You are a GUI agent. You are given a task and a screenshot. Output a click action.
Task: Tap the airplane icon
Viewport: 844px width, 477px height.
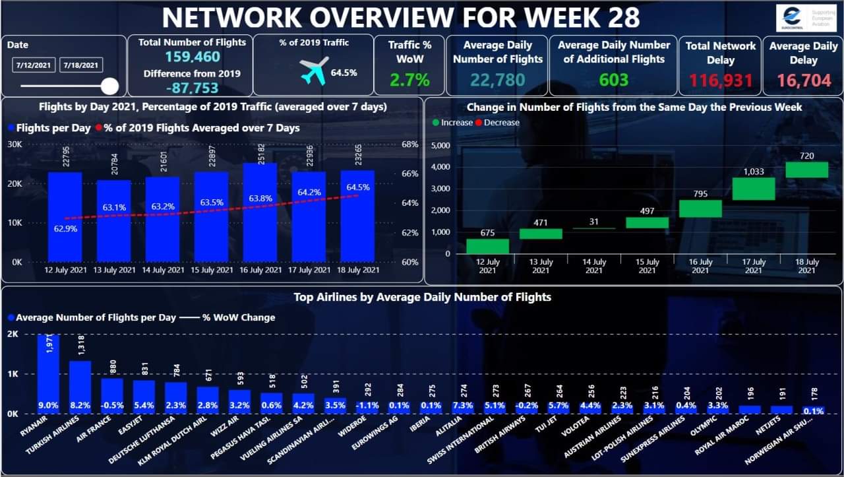(x=314, y=71)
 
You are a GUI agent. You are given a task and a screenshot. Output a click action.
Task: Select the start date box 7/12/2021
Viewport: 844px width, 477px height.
(x=34, y=65)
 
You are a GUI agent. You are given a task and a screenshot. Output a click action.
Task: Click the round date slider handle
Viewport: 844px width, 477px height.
(x=109, y=86)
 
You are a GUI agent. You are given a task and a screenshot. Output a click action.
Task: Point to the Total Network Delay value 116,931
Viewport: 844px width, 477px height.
(x=719, y=80)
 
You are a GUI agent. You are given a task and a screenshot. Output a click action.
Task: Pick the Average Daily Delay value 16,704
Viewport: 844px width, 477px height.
(x=802, y=80)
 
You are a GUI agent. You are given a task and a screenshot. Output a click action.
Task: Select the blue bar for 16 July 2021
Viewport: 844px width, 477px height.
(x=260, y=212)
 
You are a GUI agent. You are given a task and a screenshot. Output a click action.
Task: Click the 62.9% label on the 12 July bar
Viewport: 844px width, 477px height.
(x=65, y=231)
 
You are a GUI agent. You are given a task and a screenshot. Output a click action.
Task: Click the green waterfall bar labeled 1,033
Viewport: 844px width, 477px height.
(x=753, y=189)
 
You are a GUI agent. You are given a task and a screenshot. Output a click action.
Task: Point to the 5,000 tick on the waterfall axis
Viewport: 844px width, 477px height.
(x=440, y=145)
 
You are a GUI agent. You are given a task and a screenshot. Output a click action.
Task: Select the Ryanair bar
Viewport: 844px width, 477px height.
(x=48, y=373)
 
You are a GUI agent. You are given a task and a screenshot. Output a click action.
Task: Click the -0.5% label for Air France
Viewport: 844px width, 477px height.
(x=112, y=405)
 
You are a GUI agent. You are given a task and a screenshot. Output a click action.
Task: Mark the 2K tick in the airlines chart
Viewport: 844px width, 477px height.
(x=13, y=334)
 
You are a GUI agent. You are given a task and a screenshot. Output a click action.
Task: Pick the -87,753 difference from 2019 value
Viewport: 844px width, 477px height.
(x=192, y=88)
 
